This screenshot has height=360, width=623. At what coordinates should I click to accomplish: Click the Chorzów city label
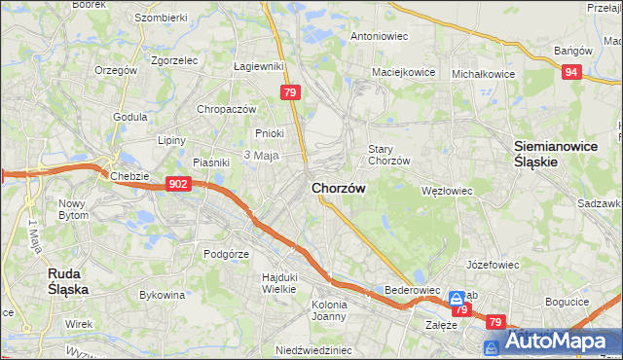(x=338, y=188)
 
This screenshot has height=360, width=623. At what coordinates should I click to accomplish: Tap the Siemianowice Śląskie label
(x=548, y=155)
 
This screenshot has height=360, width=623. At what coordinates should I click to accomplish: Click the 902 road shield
(x=177, y=184)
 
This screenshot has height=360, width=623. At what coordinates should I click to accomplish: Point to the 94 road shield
(x=572, y=71)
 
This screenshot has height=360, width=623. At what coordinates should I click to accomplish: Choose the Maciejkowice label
(x=401, y=73)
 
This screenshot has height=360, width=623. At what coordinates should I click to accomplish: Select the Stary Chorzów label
(x=387, y=155)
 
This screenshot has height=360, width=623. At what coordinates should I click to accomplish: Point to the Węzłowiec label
(x=446, y=191)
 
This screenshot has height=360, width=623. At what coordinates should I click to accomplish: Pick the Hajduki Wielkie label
(x=278, y=282)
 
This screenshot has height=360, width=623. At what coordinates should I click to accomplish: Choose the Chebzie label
(x=128, y=176)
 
